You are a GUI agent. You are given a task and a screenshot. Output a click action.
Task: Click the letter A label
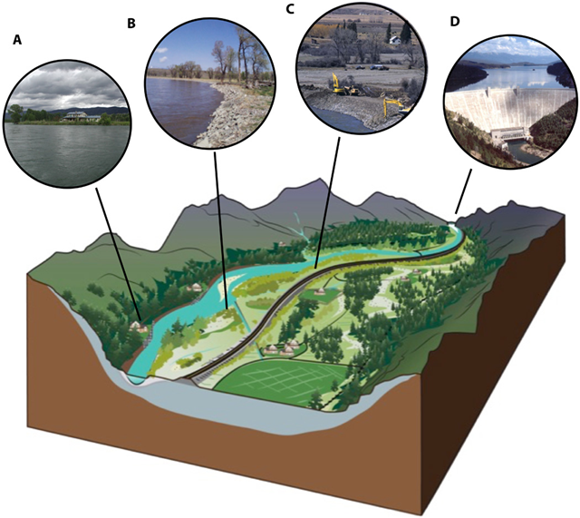tap(16, 40)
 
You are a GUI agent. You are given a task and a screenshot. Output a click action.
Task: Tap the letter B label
tap(131, 24)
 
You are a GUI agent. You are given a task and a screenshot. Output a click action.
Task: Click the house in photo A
tap(79, 116)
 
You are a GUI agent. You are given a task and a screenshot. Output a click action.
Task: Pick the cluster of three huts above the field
tap(282, 348)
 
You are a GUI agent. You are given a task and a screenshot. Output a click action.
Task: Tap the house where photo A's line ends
tap(137, 322)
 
